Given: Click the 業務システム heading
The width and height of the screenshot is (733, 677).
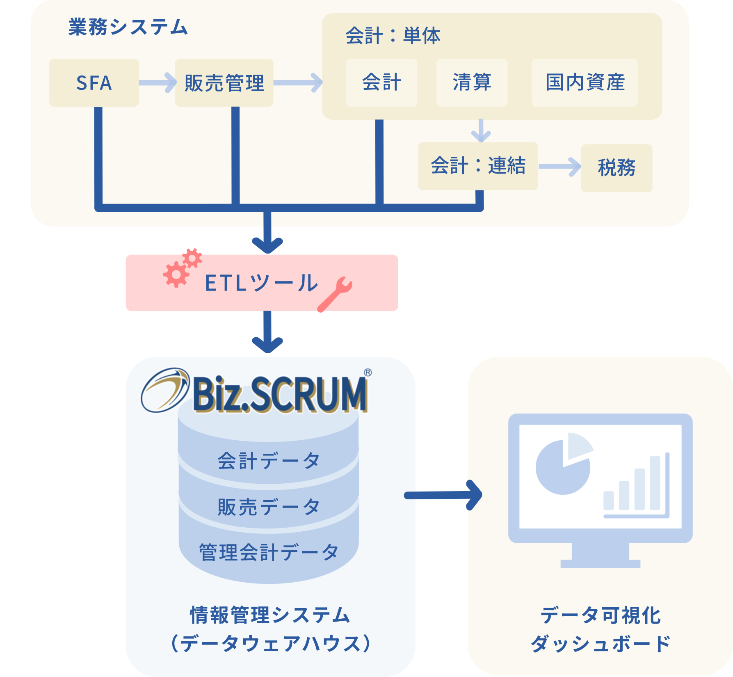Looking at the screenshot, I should coord(128,27).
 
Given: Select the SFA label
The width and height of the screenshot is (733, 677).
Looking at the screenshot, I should coord(94,83).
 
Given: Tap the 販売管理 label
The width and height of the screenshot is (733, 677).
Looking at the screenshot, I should coord(224,83).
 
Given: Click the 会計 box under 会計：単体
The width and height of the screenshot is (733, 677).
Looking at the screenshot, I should coord(381,82).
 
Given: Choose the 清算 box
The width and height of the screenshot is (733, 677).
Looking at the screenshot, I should coord(472,82).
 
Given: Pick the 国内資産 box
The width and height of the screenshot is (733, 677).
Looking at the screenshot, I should coord(585,82).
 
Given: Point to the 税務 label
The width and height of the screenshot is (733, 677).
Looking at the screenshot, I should coord(617,167).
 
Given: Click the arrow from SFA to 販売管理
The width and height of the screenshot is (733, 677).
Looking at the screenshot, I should coord(158,83).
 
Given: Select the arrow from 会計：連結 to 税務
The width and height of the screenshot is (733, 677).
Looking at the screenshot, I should coord(559,167).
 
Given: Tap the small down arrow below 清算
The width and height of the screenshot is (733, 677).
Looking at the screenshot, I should coord(481,130).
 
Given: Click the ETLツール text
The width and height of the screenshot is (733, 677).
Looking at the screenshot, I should coord(261,283).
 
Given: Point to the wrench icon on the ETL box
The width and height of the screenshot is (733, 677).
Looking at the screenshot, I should coord(335,294).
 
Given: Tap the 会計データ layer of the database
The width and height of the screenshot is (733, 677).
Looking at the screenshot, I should coord(268,460).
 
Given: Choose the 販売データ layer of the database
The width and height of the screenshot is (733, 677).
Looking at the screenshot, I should coord(268,507).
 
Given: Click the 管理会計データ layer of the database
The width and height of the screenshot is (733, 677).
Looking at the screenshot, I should coord(268,552).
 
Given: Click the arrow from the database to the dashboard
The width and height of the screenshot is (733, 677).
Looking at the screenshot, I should coord(443,495).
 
